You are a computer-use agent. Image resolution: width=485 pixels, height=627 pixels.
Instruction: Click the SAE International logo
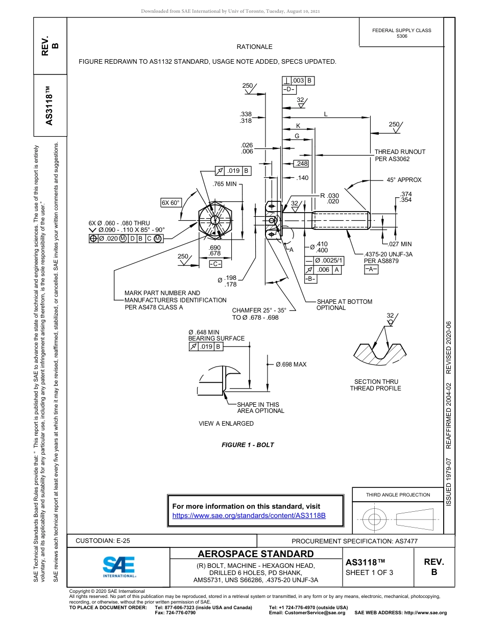click(x=119, y=566)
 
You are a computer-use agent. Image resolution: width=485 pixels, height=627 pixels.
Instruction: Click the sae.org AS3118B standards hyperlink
click(x=249, y=515)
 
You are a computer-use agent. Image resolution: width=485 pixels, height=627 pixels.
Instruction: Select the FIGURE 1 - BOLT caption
click(x=248, y=445)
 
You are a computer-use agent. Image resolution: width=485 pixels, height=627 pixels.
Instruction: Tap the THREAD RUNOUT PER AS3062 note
click(x=400, y=155)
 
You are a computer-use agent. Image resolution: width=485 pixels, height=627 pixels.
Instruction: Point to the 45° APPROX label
click(x=404, y=180)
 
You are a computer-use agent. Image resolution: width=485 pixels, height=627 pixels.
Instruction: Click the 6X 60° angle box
click(x=171, y=203)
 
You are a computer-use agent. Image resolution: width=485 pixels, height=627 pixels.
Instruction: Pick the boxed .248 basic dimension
click(x=302, y=164)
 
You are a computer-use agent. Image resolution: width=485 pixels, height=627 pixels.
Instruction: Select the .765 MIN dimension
click(x=225, y=184)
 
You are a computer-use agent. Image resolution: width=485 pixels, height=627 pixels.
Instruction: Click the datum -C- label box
click(x=215, y=264)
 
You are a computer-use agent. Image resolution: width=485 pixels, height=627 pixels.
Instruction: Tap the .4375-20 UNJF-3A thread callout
click(x=388, y=254)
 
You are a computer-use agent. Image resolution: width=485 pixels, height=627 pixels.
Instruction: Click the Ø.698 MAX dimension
click(x=291, y=364)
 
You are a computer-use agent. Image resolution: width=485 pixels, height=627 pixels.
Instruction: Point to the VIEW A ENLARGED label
click(x=226, y=424)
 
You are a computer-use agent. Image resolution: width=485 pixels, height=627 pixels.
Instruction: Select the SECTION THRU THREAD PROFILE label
click(x=375, y=385)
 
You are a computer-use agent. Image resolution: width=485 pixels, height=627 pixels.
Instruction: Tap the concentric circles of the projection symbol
click(x=375, y=519)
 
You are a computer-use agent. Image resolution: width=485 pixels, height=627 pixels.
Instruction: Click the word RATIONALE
click(x=254, y=47)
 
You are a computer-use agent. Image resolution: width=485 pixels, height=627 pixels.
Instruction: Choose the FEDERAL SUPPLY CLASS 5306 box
click(x=401, y=33)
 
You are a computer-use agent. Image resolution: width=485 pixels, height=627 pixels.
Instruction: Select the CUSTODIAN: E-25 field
click(x=106, y=541)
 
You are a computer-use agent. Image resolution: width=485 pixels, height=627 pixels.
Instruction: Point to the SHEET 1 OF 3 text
click(x=369, y=572)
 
